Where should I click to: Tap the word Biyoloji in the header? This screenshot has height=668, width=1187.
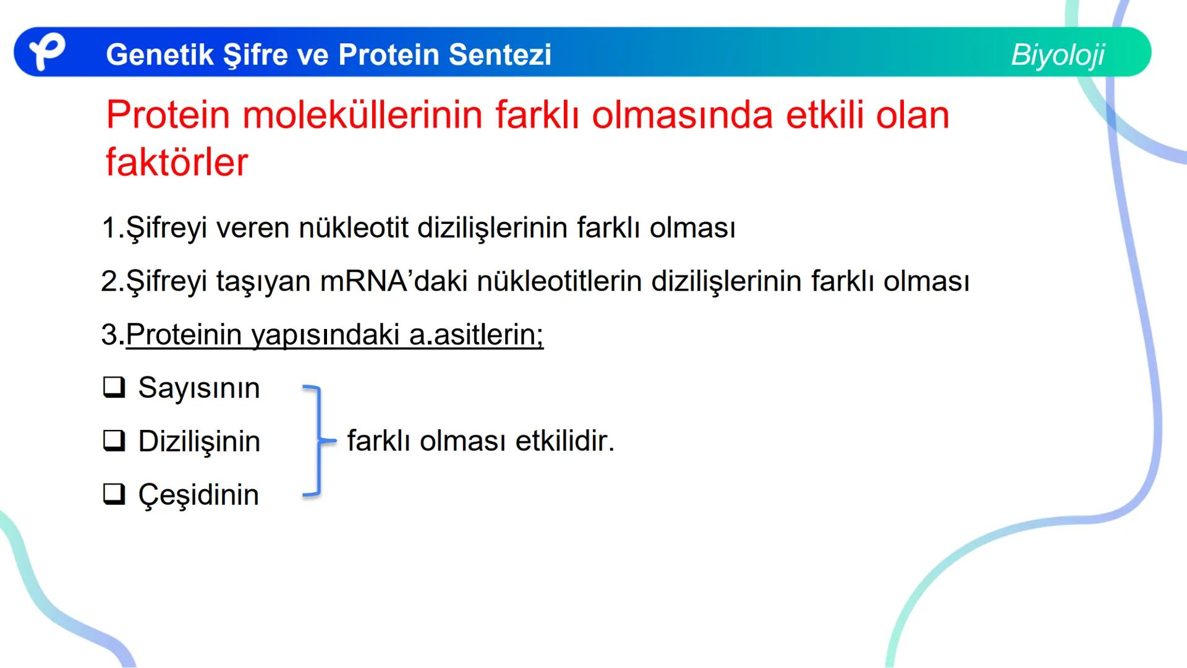(x=1057, y=55)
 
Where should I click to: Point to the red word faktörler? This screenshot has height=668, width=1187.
(x=177, y=162)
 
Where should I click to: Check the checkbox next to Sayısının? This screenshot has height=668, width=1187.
(x=114, y=388)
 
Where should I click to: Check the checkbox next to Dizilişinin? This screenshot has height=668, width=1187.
(x=114, y=441)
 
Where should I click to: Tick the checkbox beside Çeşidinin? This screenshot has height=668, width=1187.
(x=114, y=494)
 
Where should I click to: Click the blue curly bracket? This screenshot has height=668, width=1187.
(x=318, y=441)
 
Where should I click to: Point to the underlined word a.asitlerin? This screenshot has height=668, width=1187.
(x=476, y=335)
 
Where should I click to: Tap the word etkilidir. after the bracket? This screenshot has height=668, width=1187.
(x=565, y=441)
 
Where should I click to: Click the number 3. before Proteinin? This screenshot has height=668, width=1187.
(x=112, y=335)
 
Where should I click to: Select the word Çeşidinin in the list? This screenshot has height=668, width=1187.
(x=198, y=495)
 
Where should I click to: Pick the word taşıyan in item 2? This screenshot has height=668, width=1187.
(x=263, y=282)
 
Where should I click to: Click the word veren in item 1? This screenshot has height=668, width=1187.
(x=252, y=228)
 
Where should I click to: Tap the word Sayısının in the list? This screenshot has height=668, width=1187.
(x=199, y=388)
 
